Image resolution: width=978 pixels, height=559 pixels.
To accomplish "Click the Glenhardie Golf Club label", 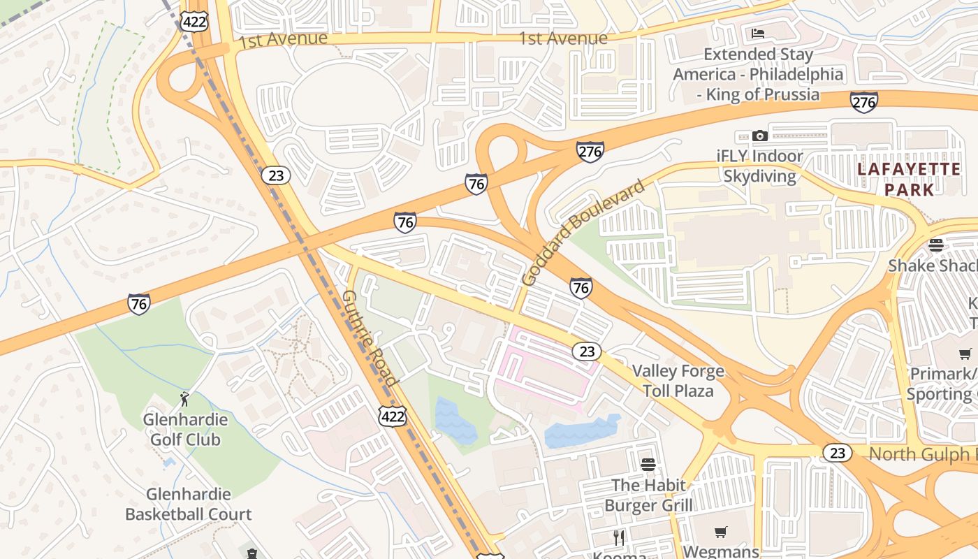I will coord(185,429).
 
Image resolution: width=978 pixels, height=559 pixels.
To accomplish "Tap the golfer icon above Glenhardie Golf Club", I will coord(184,399).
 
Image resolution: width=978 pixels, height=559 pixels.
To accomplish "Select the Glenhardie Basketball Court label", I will coord(188,504).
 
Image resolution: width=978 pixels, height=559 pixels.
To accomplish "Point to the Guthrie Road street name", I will coord(369,337).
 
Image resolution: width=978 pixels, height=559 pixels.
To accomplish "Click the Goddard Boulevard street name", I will coord(583,233).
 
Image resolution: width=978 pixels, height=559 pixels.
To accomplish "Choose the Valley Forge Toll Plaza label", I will coord(678,380).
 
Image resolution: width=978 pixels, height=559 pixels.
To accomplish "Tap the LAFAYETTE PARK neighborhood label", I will coord(909,179).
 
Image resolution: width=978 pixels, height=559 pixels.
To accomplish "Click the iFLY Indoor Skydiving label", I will coord(759,166).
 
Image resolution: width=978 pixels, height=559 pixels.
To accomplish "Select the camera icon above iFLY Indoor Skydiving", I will coord(760,136).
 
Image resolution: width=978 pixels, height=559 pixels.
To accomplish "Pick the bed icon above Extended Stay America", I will coord(758,34).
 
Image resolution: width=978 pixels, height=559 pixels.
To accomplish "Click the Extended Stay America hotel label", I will coord(758,74).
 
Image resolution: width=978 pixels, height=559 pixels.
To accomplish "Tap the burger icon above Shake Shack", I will coord(936,245).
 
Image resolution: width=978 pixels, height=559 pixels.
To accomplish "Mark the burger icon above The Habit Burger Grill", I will coord(648,464).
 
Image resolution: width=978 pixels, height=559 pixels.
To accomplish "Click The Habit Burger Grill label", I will coord(648,495).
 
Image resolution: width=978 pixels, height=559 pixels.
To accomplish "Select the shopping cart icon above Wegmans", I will coord(721,532).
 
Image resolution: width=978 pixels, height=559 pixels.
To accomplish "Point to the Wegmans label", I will coord(720,551).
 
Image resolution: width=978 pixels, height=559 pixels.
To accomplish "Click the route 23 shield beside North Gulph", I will coord(837,453).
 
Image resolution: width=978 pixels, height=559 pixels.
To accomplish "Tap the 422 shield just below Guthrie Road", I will coord(392,417).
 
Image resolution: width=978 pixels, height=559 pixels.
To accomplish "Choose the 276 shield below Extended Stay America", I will coord(863,102).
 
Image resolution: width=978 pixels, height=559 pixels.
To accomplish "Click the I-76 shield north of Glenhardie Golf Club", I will coord(138,303).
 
